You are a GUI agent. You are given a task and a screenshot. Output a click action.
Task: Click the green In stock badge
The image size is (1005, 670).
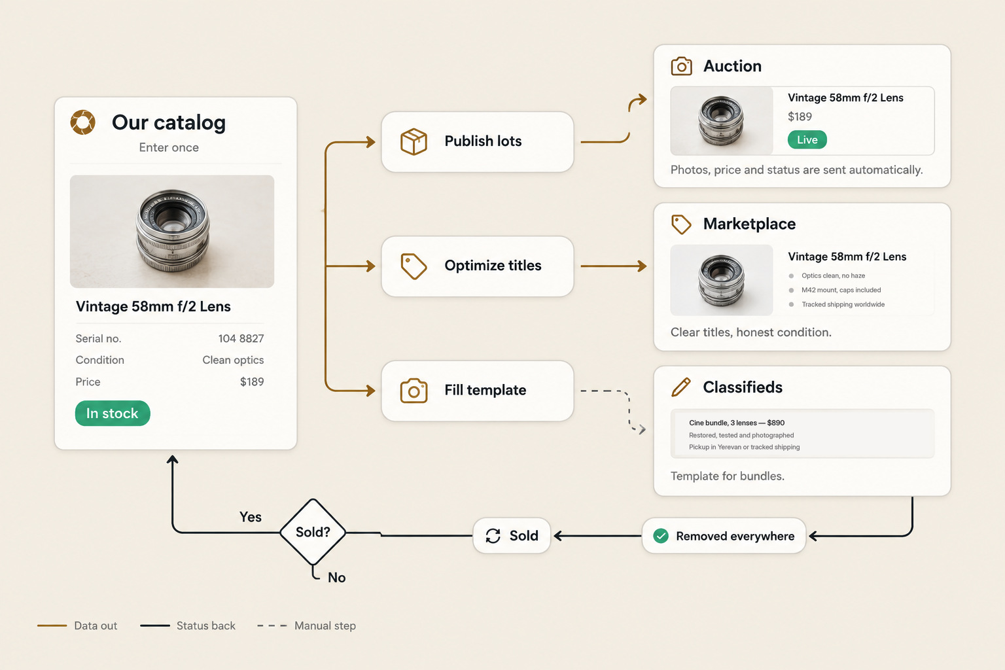coord(113,413)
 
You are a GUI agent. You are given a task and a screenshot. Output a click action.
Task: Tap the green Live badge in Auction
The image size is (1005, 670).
coord(807,139)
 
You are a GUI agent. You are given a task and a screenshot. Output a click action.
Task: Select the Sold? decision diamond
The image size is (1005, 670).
coord(313,532)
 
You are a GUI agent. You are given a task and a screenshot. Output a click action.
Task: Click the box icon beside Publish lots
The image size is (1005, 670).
coord(414,142)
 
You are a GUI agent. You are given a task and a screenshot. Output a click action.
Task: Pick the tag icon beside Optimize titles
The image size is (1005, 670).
coord(414,266)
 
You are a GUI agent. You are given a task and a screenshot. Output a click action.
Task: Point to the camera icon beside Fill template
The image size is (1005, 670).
coord(414,391)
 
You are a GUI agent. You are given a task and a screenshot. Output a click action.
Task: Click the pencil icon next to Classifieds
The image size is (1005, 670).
coord(680,387)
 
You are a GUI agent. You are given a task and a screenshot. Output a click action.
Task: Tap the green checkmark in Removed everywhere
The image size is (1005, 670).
coord(661,536)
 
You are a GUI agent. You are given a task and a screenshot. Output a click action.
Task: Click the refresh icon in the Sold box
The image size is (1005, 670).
coord(493,536)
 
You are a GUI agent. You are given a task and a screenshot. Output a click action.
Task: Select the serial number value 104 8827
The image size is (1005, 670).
coord(241,338)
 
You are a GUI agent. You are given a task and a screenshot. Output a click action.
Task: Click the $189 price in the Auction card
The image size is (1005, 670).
coord(800,116)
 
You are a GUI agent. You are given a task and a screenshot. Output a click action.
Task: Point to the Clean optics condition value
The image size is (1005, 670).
coord(233,360)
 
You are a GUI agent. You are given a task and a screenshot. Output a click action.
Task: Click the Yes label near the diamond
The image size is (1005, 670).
coord(251,517)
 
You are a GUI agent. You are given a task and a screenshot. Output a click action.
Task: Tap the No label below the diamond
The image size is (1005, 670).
coord(336,578)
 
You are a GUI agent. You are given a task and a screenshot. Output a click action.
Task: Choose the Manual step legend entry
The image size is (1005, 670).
coord(306,626)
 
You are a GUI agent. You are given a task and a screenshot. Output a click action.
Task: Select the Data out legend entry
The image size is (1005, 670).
coord(77,626)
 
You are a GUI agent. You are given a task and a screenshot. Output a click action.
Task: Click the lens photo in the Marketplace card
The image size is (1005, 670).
coord(722,280)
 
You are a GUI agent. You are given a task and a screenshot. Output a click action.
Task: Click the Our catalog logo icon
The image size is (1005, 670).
coord(83,122)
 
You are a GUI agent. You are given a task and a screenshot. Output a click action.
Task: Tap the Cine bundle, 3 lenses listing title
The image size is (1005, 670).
coord(737,423)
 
